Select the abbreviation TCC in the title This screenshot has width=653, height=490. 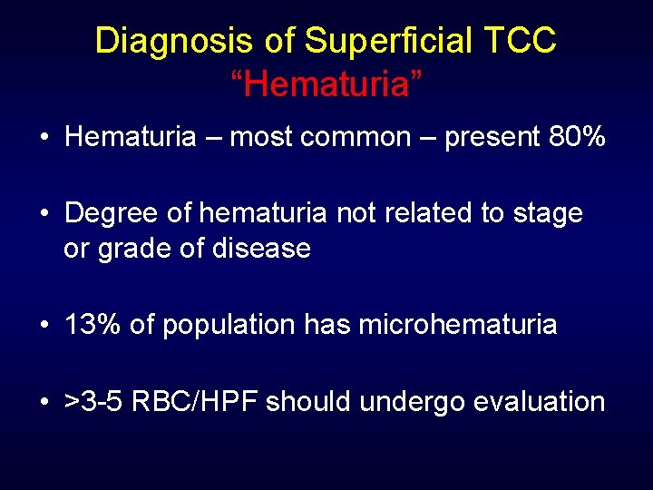(521, 41)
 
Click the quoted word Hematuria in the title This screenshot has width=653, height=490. (326, 84)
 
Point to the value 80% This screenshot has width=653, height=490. (577, 137)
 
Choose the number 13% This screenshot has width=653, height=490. (93, 325)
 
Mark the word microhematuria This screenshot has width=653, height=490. (458, 325)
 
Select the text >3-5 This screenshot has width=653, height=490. (94, 401)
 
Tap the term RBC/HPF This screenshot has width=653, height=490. (196, 401)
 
